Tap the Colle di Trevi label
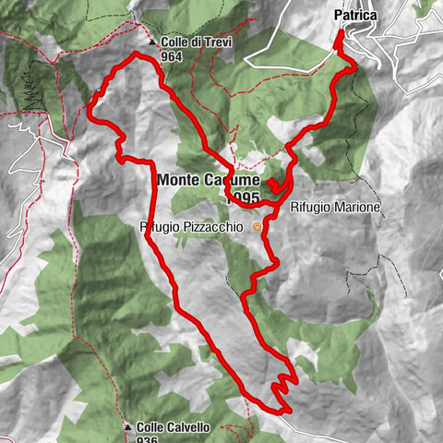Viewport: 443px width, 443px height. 197,42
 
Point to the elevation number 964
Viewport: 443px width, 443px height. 172,55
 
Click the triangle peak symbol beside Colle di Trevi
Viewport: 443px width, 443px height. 152,42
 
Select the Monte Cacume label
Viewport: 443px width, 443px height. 209,180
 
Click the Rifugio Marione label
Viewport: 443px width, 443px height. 334,209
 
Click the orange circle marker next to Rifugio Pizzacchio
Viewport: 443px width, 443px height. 257,226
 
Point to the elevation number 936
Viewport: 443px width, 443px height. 148,440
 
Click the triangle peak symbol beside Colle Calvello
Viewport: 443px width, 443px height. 127,427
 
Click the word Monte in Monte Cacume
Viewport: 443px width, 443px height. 180,180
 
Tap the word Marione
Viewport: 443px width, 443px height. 355,209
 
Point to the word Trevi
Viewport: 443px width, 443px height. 218,42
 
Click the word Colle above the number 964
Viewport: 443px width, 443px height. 175,42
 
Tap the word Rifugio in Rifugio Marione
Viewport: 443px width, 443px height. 310,209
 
